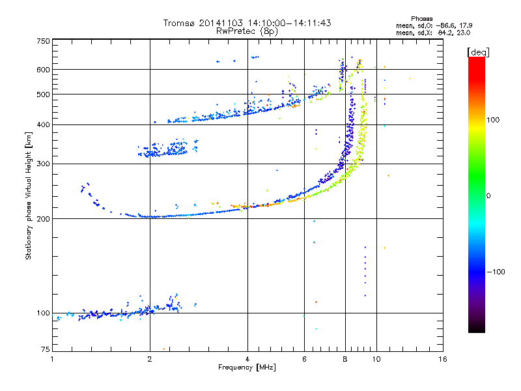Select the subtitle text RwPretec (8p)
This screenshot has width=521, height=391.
pyautogui.click(x=247, y=31)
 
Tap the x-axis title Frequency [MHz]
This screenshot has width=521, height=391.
pyautogui.click(x=247, y=368)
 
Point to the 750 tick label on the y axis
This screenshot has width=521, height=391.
pyautogui.click(x=43, y=41)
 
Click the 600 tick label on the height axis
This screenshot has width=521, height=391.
pyautogui.click(x=43, y=70)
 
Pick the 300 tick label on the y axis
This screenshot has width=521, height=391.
pyautogui.click(x=43, y=164)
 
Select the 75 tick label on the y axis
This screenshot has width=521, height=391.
pyautogui.click(x=45, y=349)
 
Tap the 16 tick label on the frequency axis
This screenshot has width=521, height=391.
pyautogui.click(x=443, y=359)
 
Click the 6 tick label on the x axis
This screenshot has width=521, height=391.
pyautogui.click(x=304, y=359)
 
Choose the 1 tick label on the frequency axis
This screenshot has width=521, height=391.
pyautogui.click(x=52, y=359)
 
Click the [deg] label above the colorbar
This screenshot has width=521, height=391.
pyautogui.click(x=478, y=52)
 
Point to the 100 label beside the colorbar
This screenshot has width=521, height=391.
pyautogui.click(x=493, y=120)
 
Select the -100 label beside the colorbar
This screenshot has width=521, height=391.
pyautogui.click(x=496, y=272)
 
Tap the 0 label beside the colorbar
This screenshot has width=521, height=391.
pyautogui.click(x=488, y=195)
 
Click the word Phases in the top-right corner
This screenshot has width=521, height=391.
pyautogui.click(x=421, y=19)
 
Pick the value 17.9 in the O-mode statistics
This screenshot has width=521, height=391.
pyautogui.click(x=466, y=25)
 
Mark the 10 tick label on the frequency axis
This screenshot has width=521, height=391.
pyautogui.click(x=376, y=359)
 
